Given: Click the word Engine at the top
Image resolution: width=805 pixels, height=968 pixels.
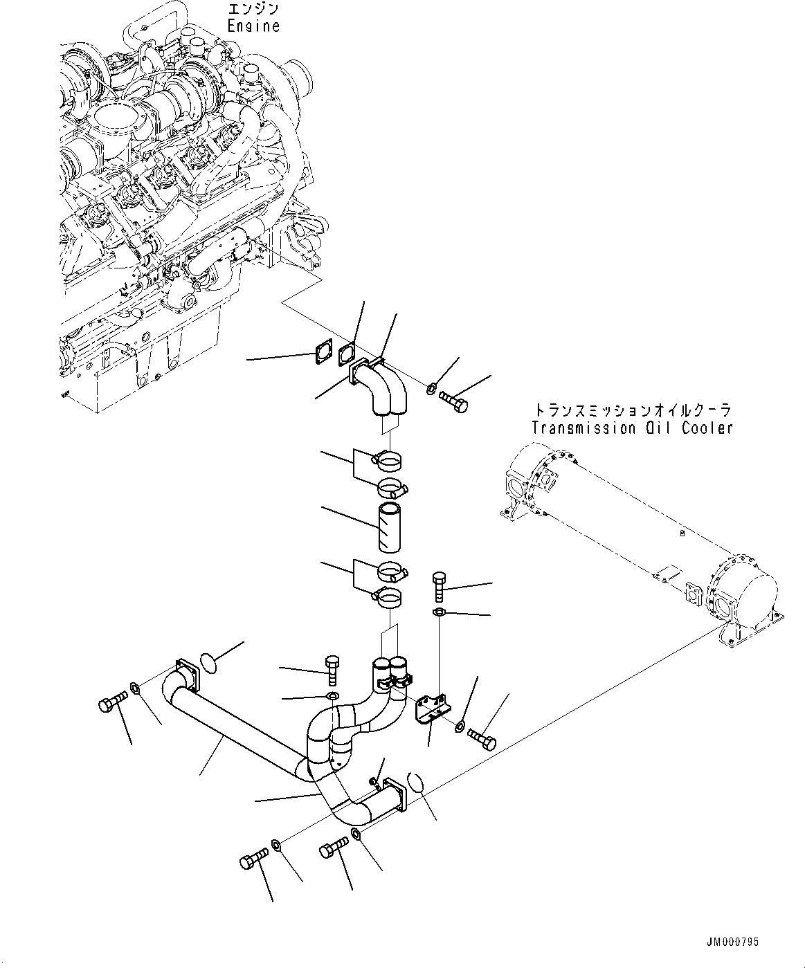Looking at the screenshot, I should pyautogui.click(x=253, y=26).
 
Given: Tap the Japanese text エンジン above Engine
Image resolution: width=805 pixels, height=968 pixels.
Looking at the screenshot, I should pyautogui.click(x=253, y=9).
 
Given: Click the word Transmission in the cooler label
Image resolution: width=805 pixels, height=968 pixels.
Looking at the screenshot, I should pyautogui.click(x=580, y=428).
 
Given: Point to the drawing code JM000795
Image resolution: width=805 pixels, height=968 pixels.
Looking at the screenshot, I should pyautogui.click(x=732, y=942).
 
